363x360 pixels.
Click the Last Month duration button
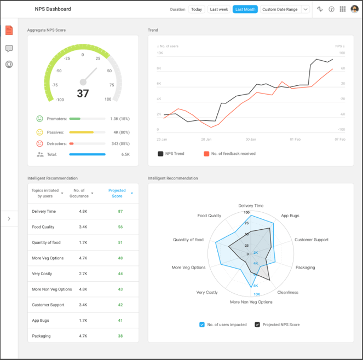245,9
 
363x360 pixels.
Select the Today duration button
197,9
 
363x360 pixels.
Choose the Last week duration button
219,9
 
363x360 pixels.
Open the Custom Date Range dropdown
305,9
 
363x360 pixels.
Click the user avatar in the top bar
354,9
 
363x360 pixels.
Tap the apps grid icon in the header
343,9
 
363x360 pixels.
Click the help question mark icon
331,9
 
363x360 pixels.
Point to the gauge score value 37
83,94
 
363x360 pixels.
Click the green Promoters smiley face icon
40,119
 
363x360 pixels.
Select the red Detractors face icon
40,143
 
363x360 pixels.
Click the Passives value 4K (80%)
121,132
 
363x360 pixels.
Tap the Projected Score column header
117,193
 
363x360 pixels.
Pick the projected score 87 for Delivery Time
120,211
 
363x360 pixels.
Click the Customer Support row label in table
48,305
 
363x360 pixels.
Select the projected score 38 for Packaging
120,336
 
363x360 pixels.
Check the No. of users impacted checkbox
203,324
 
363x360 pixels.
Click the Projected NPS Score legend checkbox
257,324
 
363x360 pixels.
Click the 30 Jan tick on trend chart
251,139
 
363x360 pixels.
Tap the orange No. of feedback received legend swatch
206,154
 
